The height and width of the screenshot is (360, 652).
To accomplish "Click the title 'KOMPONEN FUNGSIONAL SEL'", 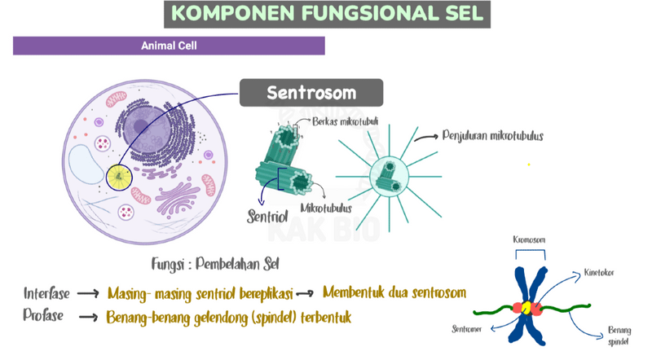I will [328, 14].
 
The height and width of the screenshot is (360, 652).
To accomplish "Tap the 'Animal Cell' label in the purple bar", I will [169, 46].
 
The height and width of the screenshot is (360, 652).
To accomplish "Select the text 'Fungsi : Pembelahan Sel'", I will [210, 263].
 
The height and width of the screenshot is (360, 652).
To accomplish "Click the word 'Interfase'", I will [46, 292].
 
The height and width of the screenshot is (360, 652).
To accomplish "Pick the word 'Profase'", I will [43, 316].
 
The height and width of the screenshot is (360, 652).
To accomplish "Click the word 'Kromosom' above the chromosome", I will [529, 240].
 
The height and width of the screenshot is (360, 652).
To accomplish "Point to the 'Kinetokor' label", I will [600, 272].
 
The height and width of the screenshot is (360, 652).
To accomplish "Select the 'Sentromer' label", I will [467, 329].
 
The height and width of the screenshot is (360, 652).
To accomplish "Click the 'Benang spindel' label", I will [619, 336].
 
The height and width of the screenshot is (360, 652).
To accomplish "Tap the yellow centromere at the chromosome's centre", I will [526, 308].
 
